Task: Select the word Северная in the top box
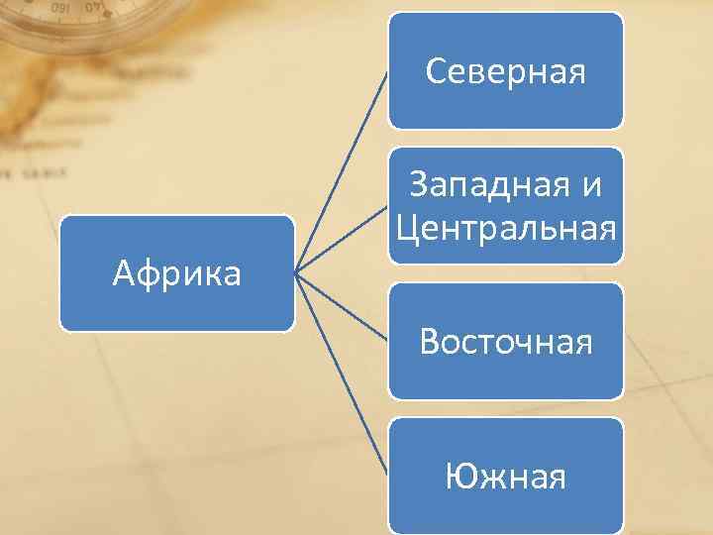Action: point(505,71)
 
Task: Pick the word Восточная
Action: point(505,342)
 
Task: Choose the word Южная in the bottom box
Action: point(505,478)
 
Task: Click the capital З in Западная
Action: point(418,186)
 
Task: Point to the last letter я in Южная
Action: point(557,479)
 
